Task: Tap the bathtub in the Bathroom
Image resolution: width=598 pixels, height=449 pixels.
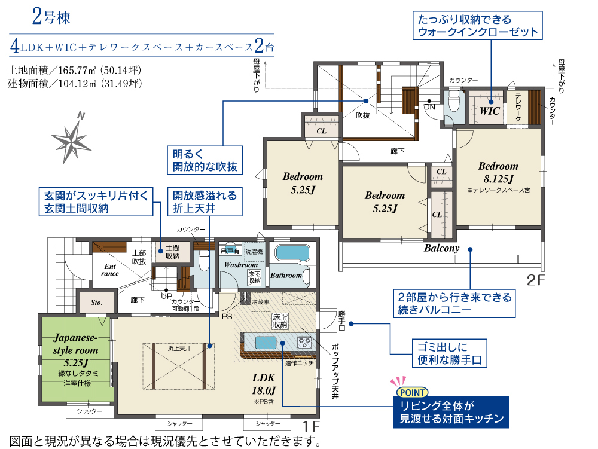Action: click(292, 253)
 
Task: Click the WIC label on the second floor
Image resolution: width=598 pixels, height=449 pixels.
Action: click(489, 111)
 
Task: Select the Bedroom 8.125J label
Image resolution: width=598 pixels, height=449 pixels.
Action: click(498, 172)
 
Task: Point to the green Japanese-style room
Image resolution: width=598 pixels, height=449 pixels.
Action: click(77, 359)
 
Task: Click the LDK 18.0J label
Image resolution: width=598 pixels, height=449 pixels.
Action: click(263, 384)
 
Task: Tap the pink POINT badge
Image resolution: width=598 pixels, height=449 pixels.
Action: click(412, 392)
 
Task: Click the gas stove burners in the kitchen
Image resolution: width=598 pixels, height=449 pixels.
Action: click(304, 343)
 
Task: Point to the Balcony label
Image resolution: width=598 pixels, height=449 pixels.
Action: click(442, 248)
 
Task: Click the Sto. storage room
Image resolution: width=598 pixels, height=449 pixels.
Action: click(96, 303)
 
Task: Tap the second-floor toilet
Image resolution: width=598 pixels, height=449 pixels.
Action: click(454, 100)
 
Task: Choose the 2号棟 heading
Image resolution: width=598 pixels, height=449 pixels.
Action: click(51, 17)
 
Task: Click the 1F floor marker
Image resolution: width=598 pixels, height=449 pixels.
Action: click(311, 426)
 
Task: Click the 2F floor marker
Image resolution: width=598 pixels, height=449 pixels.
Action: click(536, 280)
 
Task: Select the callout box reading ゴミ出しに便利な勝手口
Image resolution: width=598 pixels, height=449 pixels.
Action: click(450, 353)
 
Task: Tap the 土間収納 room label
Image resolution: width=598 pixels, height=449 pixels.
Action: click(172, 252)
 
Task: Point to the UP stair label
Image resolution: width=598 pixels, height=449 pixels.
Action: click(166, 296)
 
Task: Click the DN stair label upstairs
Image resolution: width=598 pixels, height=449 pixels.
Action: click(429, 107)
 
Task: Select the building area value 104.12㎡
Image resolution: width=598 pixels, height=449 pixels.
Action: click(77, 83)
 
